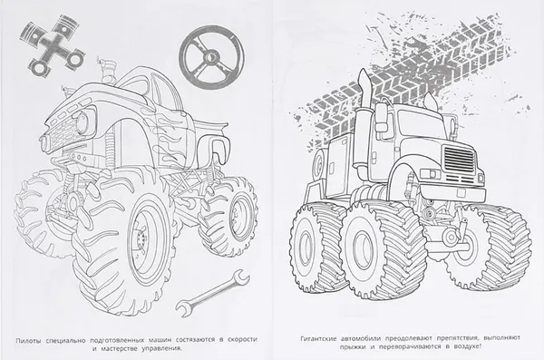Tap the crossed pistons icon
coord(53,44)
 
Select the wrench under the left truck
coord(212,293)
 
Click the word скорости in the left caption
coord(242,339)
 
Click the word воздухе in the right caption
coord(467,346)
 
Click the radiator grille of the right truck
coord(459,160)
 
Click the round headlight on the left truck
coord(83,122)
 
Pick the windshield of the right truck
coord(420,125)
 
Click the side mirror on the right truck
coord(382,117)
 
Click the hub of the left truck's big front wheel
coord(141,238)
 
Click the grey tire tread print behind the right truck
coord(410,80)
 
